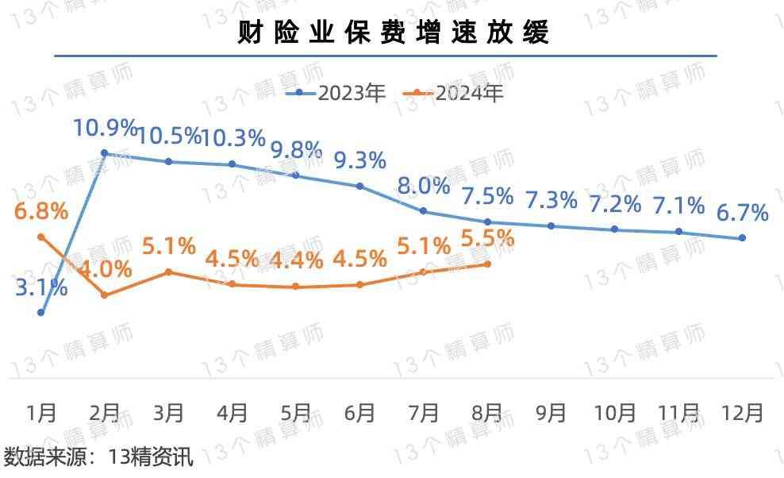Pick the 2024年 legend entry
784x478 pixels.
click(459, 93)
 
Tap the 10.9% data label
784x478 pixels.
click(106, 127)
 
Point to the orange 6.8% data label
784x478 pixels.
click(41, 212)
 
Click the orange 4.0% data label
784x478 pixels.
click(106, 268)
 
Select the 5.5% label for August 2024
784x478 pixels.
click(488, 237)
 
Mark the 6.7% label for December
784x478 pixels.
click(743, 213)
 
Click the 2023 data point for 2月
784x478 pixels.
click(105, 152)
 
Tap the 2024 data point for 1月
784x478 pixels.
click(41, 237)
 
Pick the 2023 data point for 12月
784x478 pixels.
click(742, 238)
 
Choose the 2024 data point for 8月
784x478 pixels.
click(487, 264)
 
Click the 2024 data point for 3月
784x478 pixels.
click(169, 272)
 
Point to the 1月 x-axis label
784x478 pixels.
click(41, 413)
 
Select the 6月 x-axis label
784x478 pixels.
click(359, 413)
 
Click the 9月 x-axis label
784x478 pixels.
click(551, 413)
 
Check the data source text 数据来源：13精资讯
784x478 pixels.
click(98, 457)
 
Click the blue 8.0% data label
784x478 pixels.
click(424, 187)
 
